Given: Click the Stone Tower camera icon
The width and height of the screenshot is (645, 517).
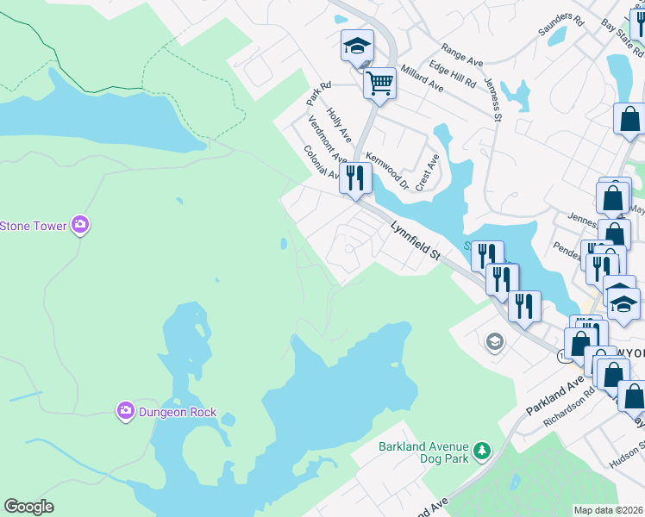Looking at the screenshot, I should (79, 226).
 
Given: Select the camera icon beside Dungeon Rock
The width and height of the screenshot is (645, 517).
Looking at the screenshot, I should (126, 412).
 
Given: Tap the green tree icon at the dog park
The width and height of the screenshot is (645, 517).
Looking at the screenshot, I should (482, 451).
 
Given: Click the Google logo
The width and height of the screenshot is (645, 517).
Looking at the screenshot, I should (28, 507).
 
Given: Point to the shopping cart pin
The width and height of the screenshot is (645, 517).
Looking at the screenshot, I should (379, 84).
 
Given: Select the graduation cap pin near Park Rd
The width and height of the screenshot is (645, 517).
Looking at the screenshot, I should (357, 47).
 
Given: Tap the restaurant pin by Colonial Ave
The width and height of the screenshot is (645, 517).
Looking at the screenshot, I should (355, 178).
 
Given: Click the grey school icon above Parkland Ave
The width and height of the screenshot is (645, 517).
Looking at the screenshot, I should (494, 342).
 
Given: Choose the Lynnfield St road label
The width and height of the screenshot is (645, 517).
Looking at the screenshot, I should (415, 240).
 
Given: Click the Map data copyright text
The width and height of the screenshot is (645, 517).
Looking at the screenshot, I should (607, 510).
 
